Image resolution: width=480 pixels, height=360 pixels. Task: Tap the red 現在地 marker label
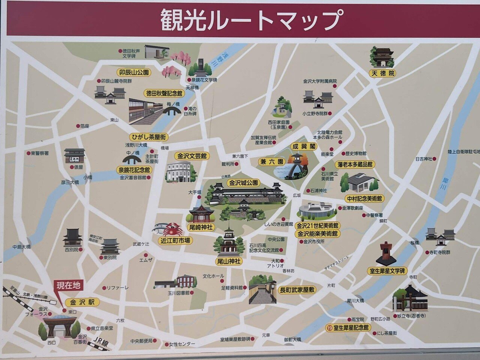click(x=68, y=286)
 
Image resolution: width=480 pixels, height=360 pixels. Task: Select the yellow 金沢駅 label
click(x=82, y=302)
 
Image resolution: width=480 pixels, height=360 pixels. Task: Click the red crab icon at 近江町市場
click(x=172, y=228)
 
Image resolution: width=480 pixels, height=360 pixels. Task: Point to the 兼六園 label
click(x=272, y=162)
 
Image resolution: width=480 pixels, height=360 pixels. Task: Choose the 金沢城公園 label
click(x=244, y=183)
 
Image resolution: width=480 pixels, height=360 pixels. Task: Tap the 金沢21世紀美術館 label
click(x=318, y=226)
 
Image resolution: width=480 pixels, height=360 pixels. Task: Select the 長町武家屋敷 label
click(x=297, y=289)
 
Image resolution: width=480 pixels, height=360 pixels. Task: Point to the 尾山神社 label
click(x=228, y=261)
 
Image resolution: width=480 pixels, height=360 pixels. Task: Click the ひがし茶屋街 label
click(x=148, y=137)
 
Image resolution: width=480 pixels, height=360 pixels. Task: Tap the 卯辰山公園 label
click(x=133, y=72)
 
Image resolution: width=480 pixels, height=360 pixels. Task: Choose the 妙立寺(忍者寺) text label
click(x=410, y=316)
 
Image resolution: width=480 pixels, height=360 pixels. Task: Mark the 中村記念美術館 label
click(x=364, y=199)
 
